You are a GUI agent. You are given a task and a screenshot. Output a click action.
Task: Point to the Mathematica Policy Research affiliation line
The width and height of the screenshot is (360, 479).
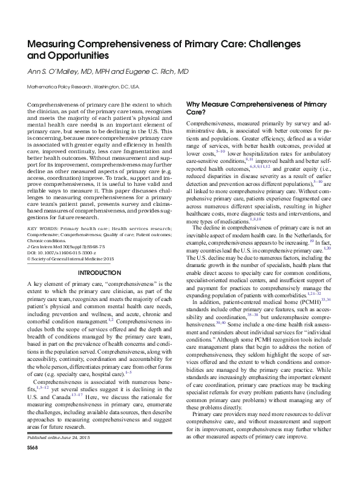84,87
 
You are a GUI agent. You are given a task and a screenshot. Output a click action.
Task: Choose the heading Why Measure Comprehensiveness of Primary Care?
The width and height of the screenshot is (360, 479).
256,108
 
